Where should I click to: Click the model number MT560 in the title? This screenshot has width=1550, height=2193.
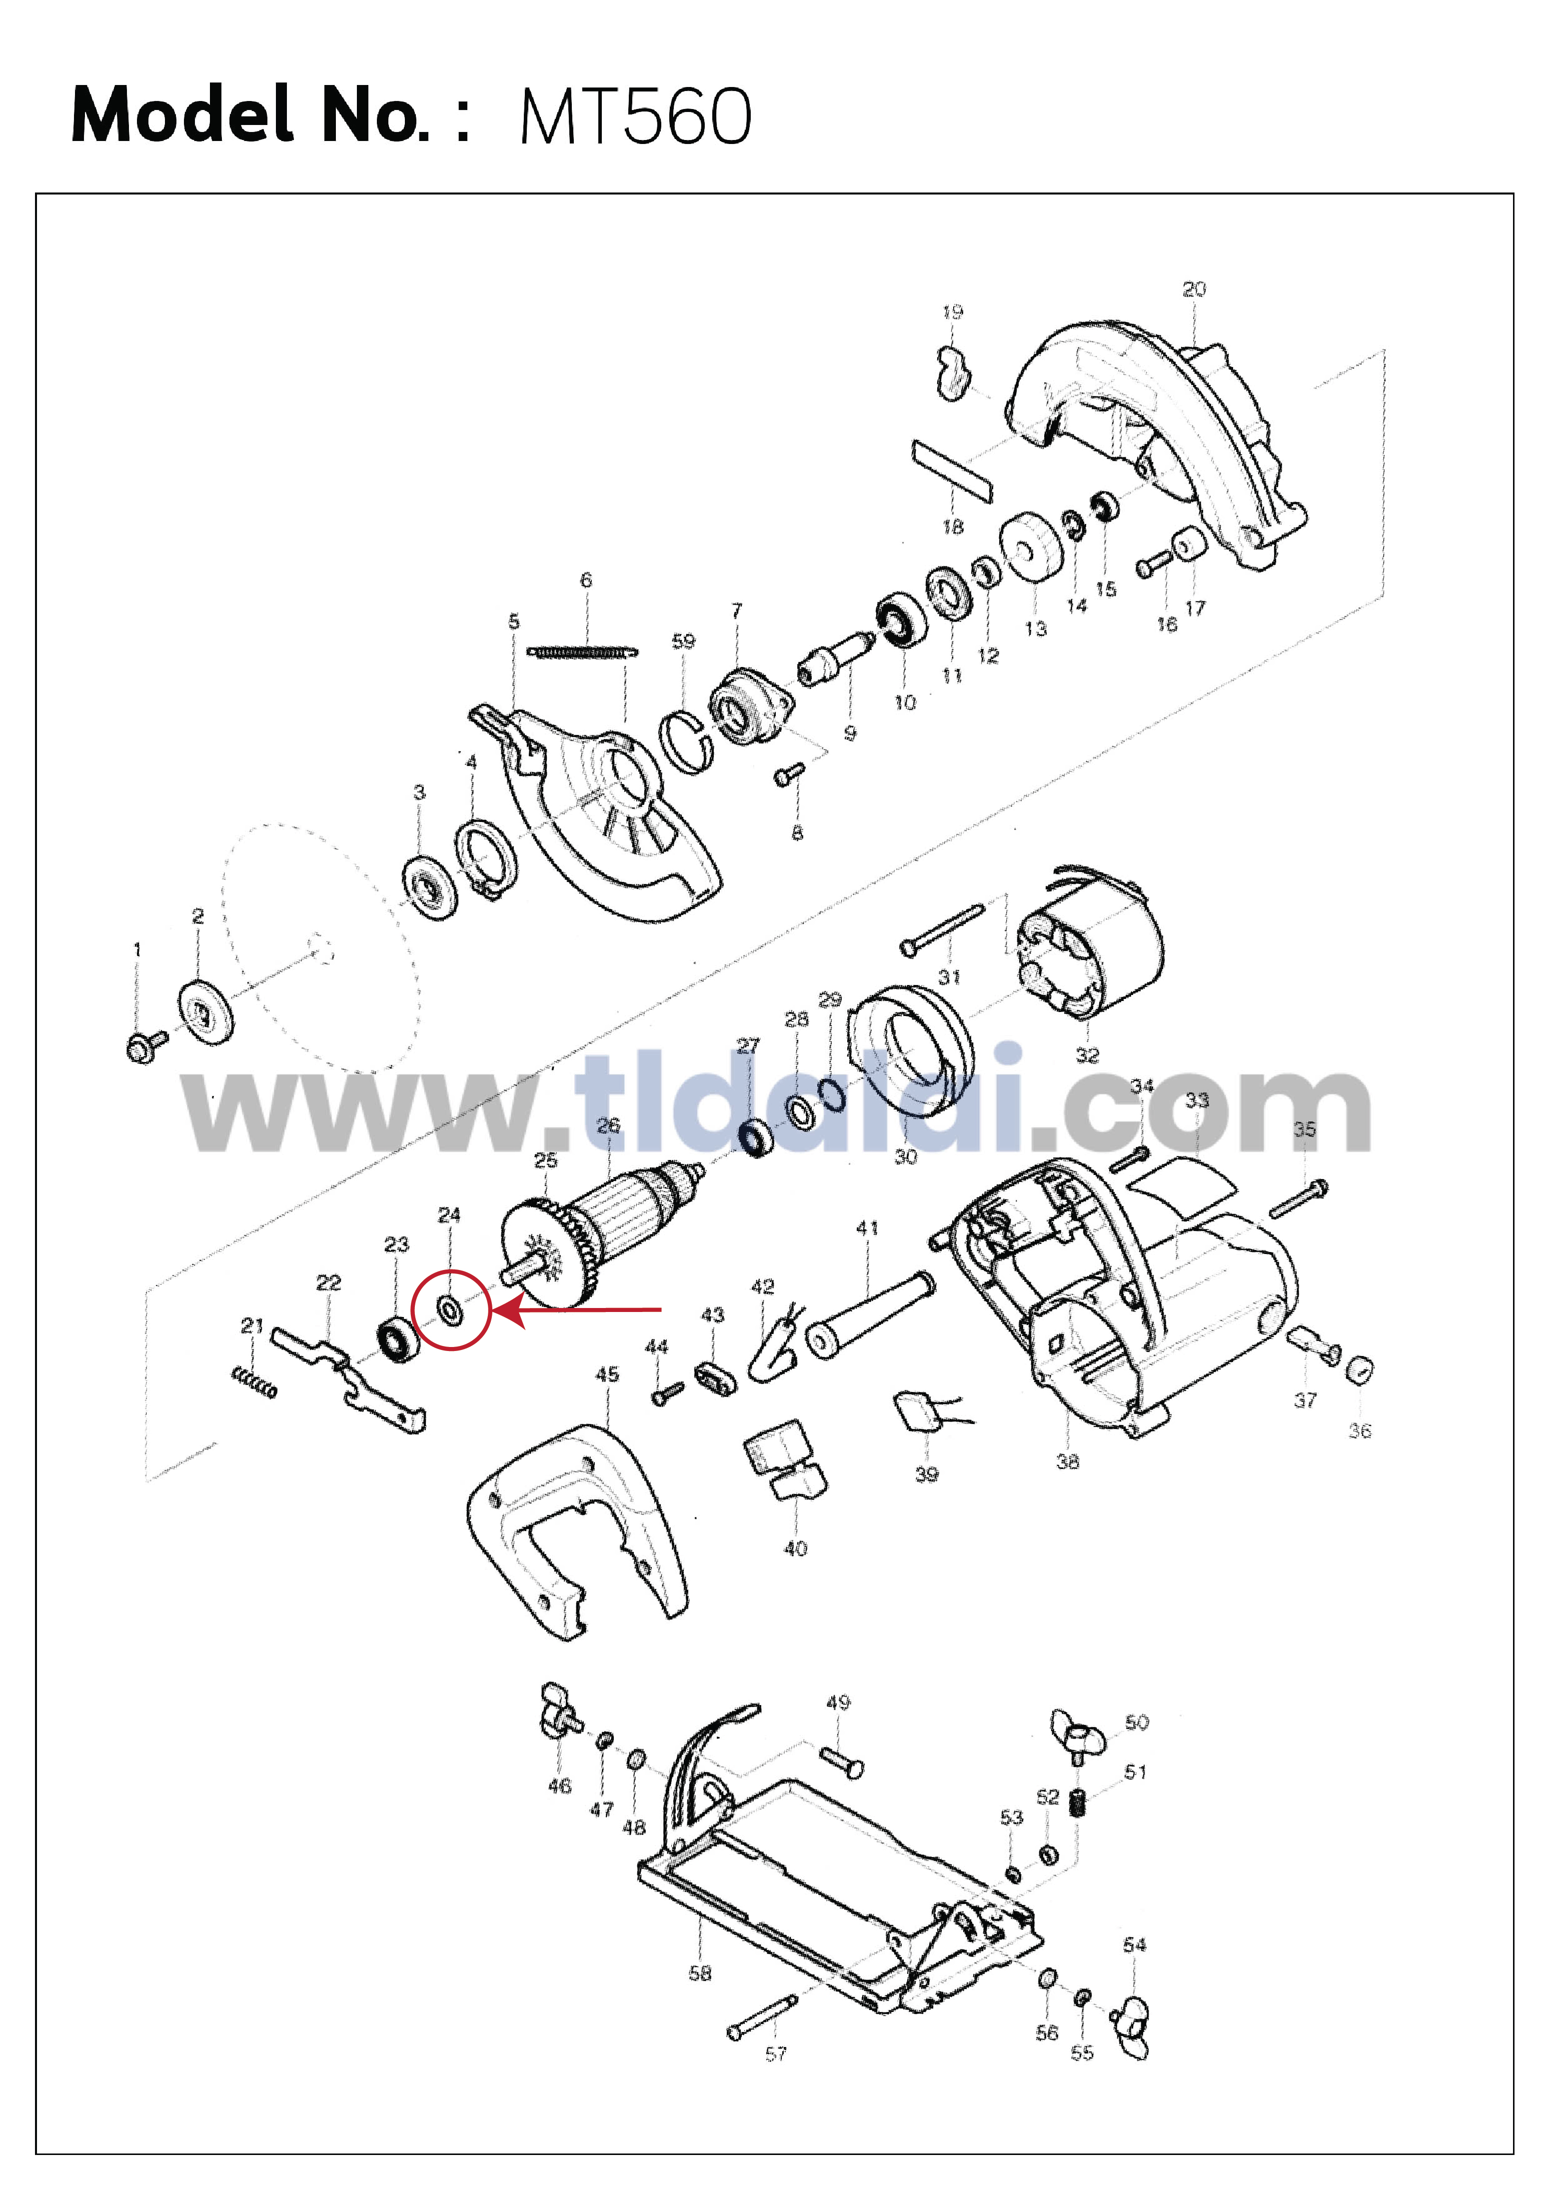(636, 116)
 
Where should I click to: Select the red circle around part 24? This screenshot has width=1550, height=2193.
(451, 1309)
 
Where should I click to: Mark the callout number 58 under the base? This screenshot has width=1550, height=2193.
(700, 1972)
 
